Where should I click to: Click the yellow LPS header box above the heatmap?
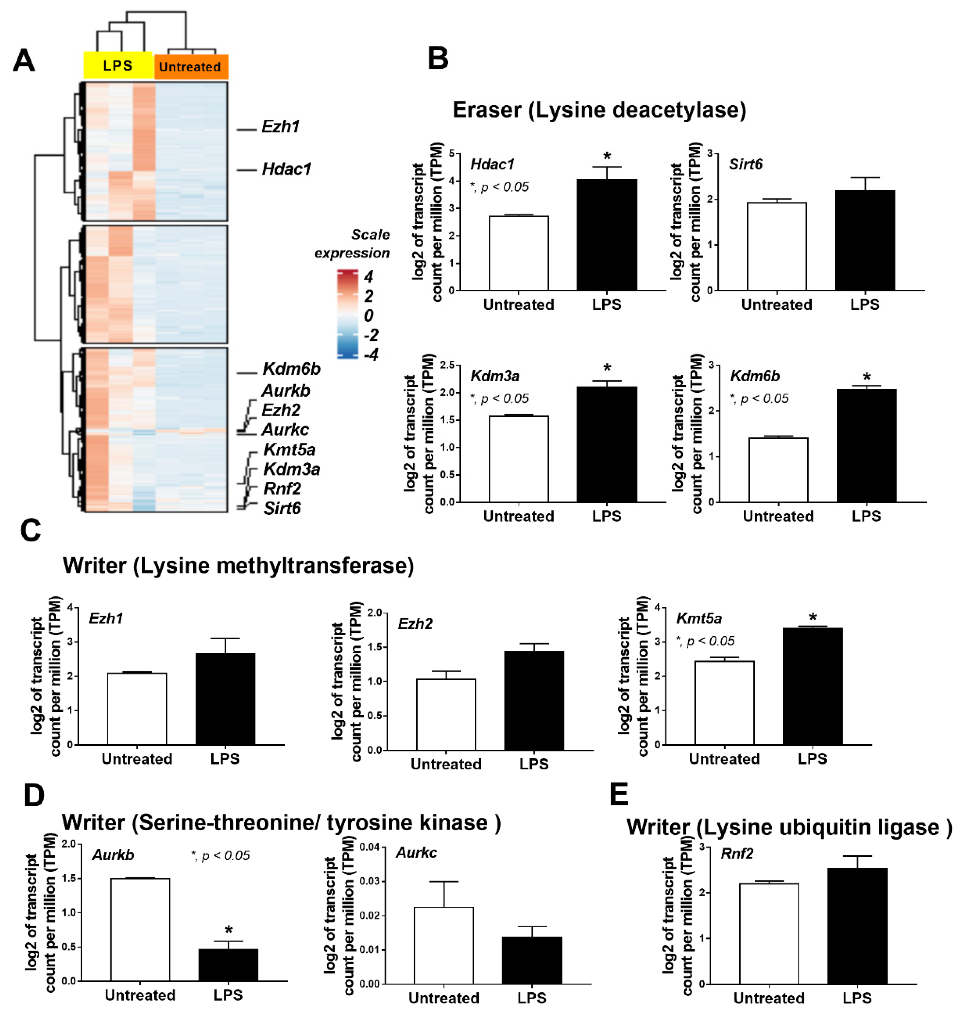point(118,65)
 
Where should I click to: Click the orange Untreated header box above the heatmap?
point(190,67)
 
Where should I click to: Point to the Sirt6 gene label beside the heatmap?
point(282,508)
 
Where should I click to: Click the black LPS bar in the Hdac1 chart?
point(607,236)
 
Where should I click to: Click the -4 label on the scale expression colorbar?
point(371,354)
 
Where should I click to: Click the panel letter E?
point(619,795)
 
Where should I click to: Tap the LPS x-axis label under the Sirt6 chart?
point(865,305)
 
